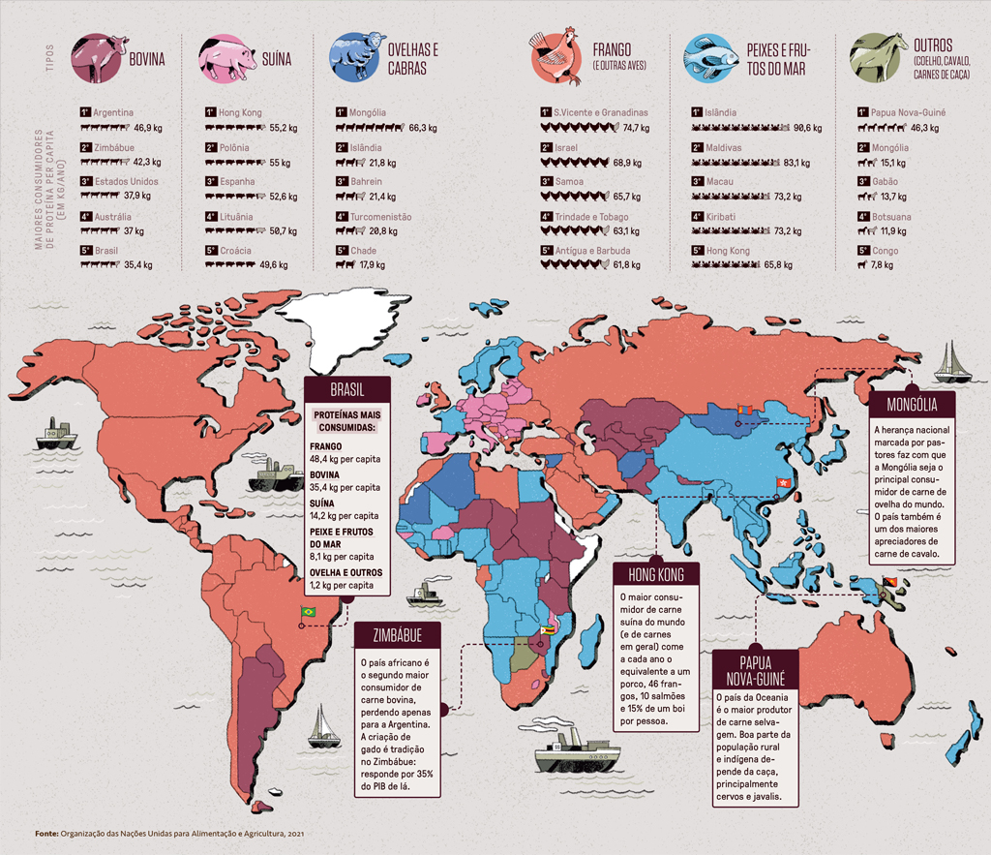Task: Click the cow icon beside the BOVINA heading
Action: [x=99, y=58]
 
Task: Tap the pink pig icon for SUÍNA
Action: [x=226, y=58]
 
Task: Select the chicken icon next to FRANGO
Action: [x=556, y=58]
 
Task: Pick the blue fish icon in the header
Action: [x=711, y=58]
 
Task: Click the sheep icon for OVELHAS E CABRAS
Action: [x=357, y=58]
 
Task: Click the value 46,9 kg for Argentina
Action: [x=148, y=128]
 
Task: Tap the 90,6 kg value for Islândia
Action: [x=807, y=128]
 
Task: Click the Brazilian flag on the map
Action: [x=309, y=612]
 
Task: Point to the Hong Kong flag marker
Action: [x=773, y=484]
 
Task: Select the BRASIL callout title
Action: [x=346, y=390]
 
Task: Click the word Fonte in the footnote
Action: [x=45, y=833]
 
